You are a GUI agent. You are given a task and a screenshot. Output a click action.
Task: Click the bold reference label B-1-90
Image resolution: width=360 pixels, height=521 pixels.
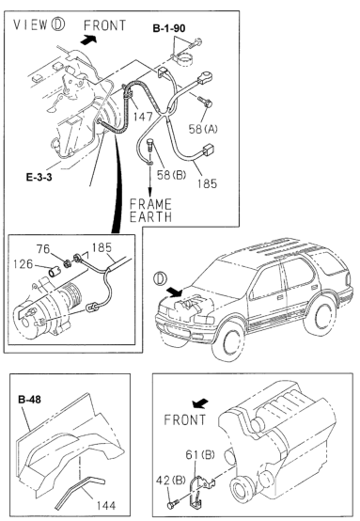[169, 28]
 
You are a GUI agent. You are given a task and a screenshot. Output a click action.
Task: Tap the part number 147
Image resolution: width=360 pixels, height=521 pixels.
[143, 117]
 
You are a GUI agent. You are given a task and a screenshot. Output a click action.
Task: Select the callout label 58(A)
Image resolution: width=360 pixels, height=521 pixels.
[203, 129]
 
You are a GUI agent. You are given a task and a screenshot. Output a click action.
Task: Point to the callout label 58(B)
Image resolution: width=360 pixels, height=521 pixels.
[171, 175]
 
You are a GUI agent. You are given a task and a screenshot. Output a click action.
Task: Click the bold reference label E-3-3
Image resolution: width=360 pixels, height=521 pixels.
[39, 177]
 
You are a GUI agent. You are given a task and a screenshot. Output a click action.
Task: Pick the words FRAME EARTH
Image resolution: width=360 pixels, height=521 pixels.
[150, 211]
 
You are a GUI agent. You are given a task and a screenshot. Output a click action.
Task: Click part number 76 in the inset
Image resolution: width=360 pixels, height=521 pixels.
[43, 249]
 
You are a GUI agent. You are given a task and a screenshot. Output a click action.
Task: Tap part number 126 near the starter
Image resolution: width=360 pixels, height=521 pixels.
[23, 264]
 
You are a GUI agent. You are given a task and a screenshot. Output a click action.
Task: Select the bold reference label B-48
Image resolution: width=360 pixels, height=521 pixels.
[29, 399]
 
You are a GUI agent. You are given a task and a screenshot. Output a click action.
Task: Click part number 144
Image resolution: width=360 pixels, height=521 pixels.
[106, 505]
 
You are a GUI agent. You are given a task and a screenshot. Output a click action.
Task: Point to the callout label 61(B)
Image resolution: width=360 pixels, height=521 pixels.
[200, 454]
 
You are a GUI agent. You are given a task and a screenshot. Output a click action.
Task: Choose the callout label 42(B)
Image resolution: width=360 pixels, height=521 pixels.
[171, 481]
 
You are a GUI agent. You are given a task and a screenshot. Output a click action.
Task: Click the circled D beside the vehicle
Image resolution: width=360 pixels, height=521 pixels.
[161, 278]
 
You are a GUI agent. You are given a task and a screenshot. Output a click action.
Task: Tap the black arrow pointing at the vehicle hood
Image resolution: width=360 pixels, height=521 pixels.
[175, 292]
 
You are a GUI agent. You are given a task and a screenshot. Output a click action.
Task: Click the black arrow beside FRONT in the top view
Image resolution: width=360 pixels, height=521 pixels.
[88, 39]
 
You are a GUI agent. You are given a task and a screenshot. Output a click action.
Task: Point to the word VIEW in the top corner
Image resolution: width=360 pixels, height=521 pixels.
[31, 24]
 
